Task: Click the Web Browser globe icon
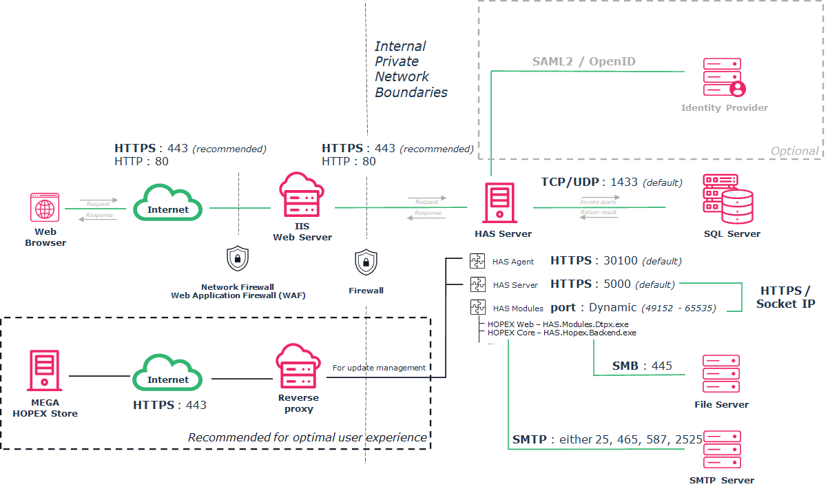45,208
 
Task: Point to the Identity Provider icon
725,77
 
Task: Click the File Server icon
721,375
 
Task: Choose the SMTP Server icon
721,450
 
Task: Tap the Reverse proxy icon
298,367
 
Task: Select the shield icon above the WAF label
238,259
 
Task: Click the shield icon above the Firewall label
366,262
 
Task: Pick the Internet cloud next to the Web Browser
167,203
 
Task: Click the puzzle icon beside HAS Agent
477,261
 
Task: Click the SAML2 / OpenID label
583,62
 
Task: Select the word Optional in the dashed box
795,151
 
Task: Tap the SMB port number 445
661,366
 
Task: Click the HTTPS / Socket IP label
785,297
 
